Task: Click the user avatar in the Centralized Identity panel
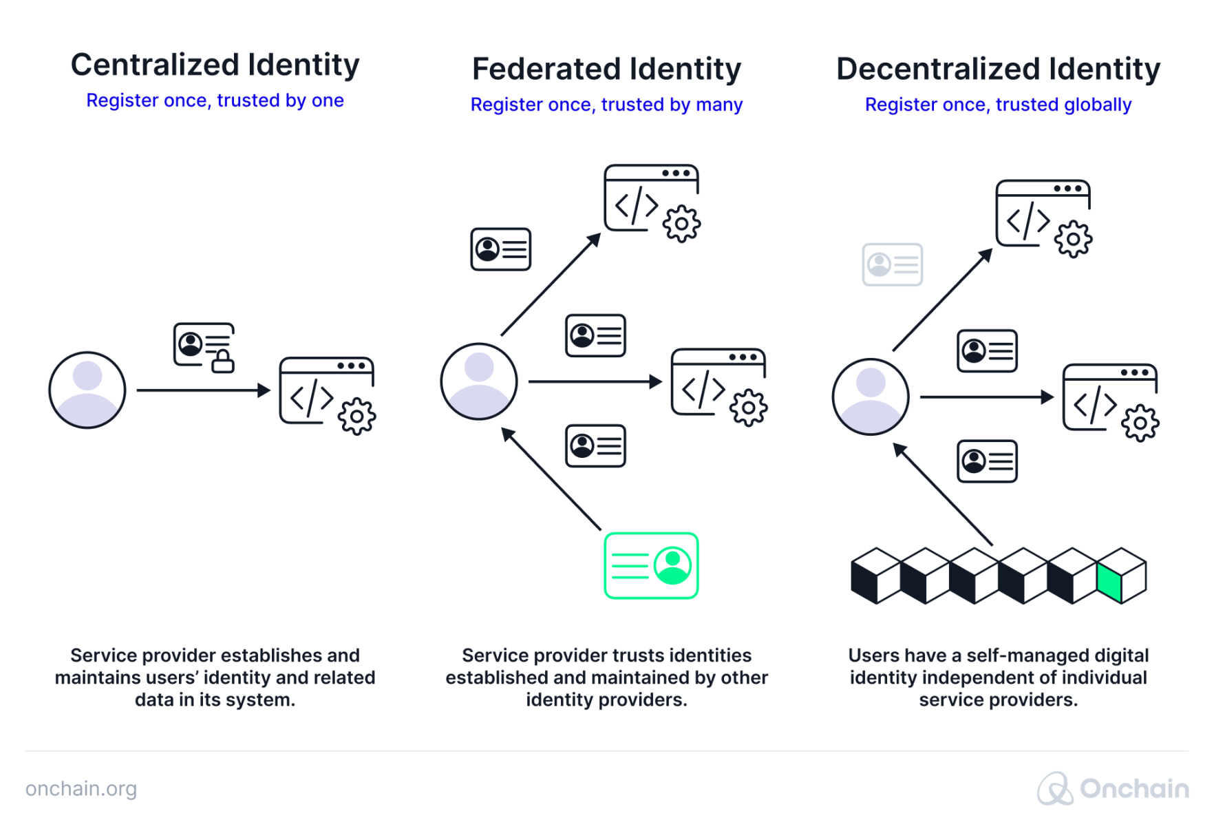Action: [87, 390]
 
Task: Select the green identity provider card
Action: [651, 565]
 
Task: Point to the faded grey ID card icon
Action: [893, 264]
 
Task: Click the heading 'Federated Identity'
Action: [606, 70]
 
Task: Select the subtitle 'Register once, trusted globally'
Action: [998, 105]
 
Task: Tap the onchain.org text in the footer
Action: [81, 789]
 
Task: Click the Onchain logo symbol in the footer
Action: [1055, 789]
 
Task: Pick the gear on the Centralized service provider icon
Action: [357, 416]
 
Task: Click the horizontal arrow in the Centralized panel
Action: [203, 390]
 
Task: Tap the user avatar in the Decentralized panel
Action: [871, 397]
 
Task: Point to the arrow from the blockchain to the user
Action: [943, 494]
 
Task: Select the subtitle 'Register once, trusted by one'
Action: [215, 101]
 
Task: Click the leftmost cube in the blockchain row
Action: [875, 576]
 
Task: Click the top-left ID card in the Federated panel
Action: [501, 249]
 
